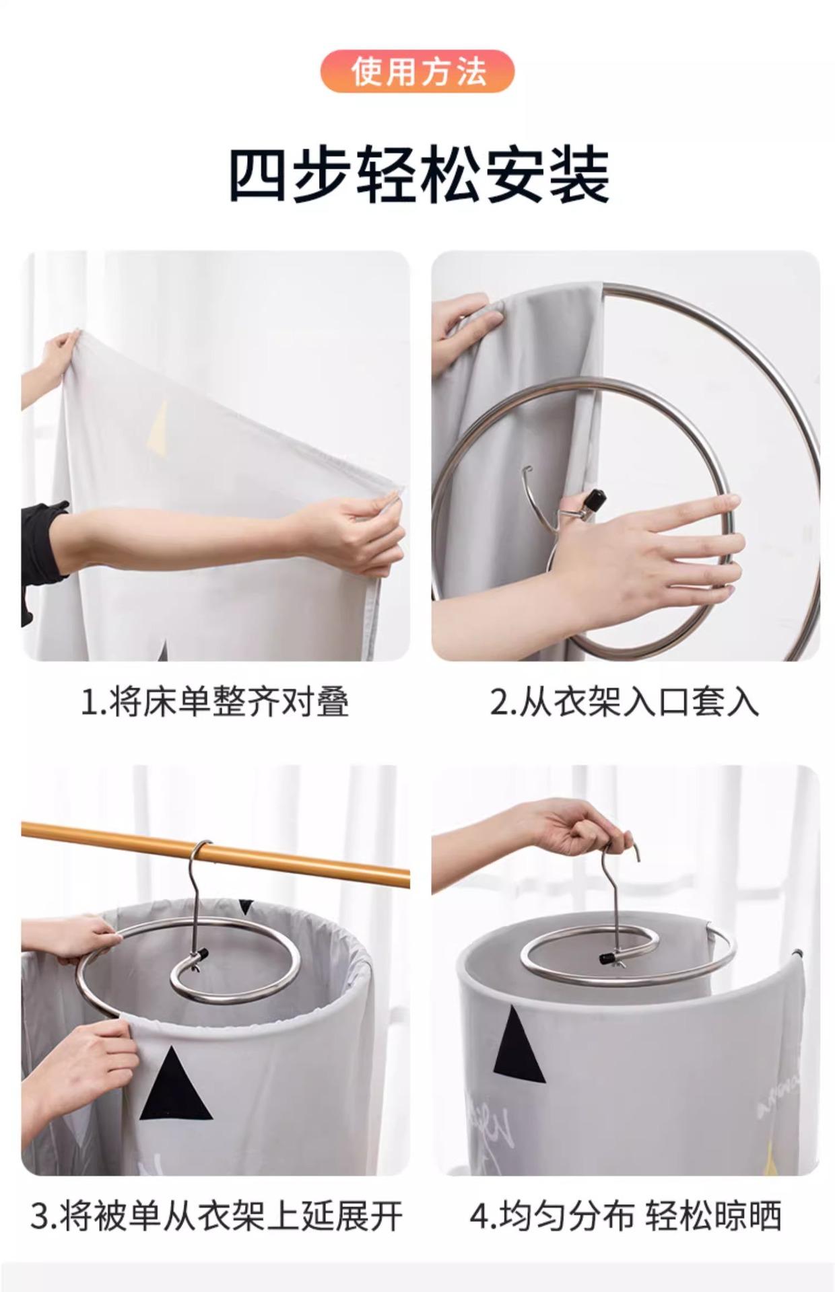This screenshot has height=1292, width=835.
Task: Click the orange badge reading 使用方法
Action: tap(417, 71)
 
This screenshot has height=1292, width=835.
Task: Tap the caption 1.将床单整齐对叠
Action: tap(215, 703)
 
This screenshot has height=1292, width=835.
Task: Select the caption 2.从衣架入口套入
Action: tap(624, 703)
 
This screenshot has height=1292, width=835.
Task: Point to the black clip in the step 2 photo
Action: tap(592, 501)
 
